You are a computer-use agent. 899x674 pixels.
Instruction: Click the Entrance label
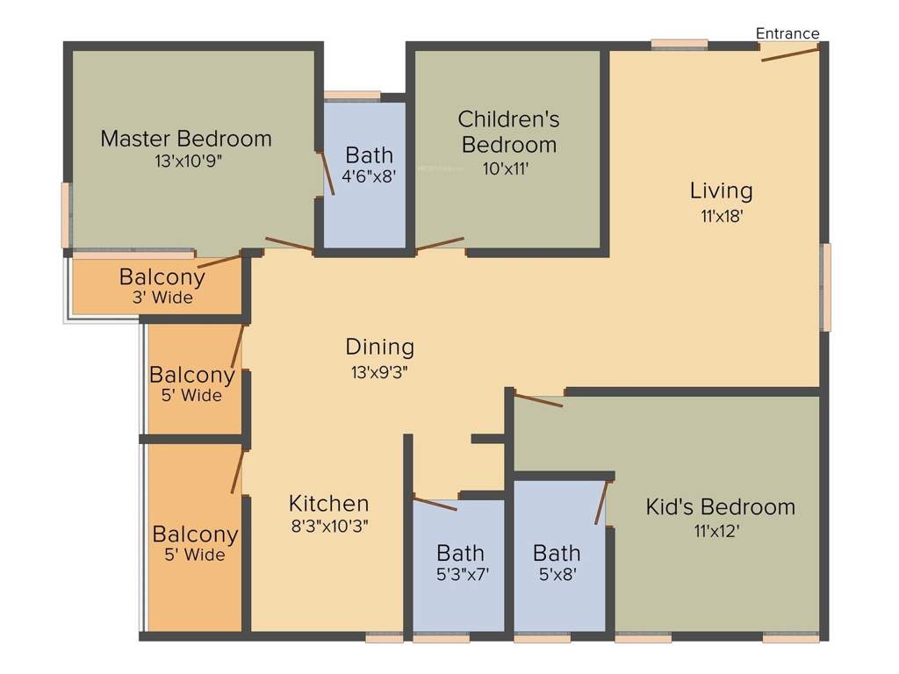[x=788, y=33]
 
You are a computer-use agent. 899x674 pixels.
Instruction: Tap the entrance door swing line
[x=790, y=54]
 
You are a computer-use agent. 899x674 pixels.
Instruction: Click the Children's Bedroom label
[x=508, y=131]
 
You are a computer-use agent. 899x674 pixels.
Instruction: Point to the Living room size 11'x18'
[x=722, y=215]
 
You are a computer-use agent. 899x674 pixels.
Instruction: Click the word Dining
[x=379, y=347]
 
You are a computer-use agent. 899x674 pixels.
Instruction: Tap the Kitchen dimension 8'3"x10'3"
[x=329, y=527]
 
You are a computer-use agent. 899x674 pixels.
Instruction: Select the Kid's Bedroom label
[x=720, y=506]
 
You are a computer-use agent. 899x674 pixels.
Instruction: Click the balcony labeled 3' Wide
[x=162, y=286]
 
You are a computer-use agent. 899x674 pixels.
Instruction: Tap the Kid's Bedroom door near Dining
[x=538, y=400]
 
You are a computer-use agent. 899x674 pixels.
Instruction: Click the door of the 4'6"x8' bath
[x=327, y=173]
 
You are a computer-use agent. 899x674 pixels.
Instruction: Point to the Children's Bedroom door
[x=440, y=243]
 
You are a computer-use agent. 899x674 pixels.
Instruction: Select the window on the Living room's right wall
[x=825, y=287]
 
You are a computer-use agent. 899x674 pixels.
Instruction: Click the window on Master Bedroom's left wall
[x=66, y=215]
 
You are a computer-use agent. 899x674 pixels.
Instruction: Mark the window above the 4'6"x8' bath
[x=351, y=96]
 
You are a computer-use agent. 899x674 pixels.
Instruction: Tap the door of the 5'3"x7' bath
[x=435, y=503]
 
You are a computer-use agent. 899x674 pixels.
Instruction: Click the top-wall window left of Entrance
[x=679, y=43]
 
